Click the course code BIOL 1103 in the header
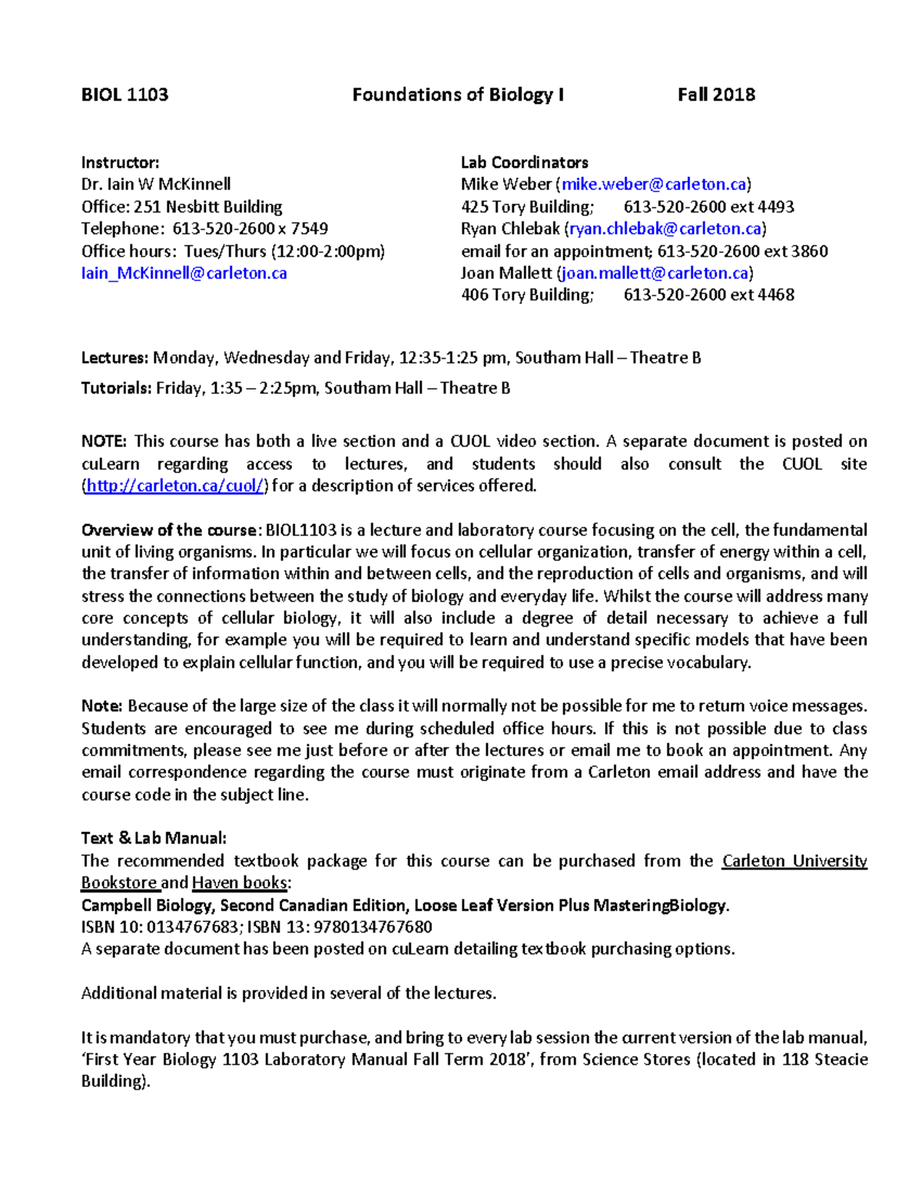pos(124,94)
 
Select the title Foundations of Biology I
pos(458,94)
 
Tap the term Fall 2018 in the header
pos(716,94)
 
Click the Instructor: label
pos(120,162)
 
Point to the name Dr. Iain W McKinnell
pos(156,184)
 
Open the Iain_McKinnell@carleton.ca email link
pos(184,273)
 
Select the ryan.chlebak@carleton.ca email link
pos(665,229)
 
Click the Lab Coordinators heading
pos(524,162)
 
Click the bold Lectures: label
pos(114,358)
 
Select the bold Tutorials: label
pos(117,388)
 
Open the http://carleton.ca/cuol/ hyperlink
pos(175,485)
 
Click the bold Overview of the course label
pos(171,530)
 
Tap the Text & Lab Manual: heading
pos(154,838)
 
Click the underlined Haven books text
pos(240,883)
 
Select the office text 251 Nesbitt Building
pos(208,207)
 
